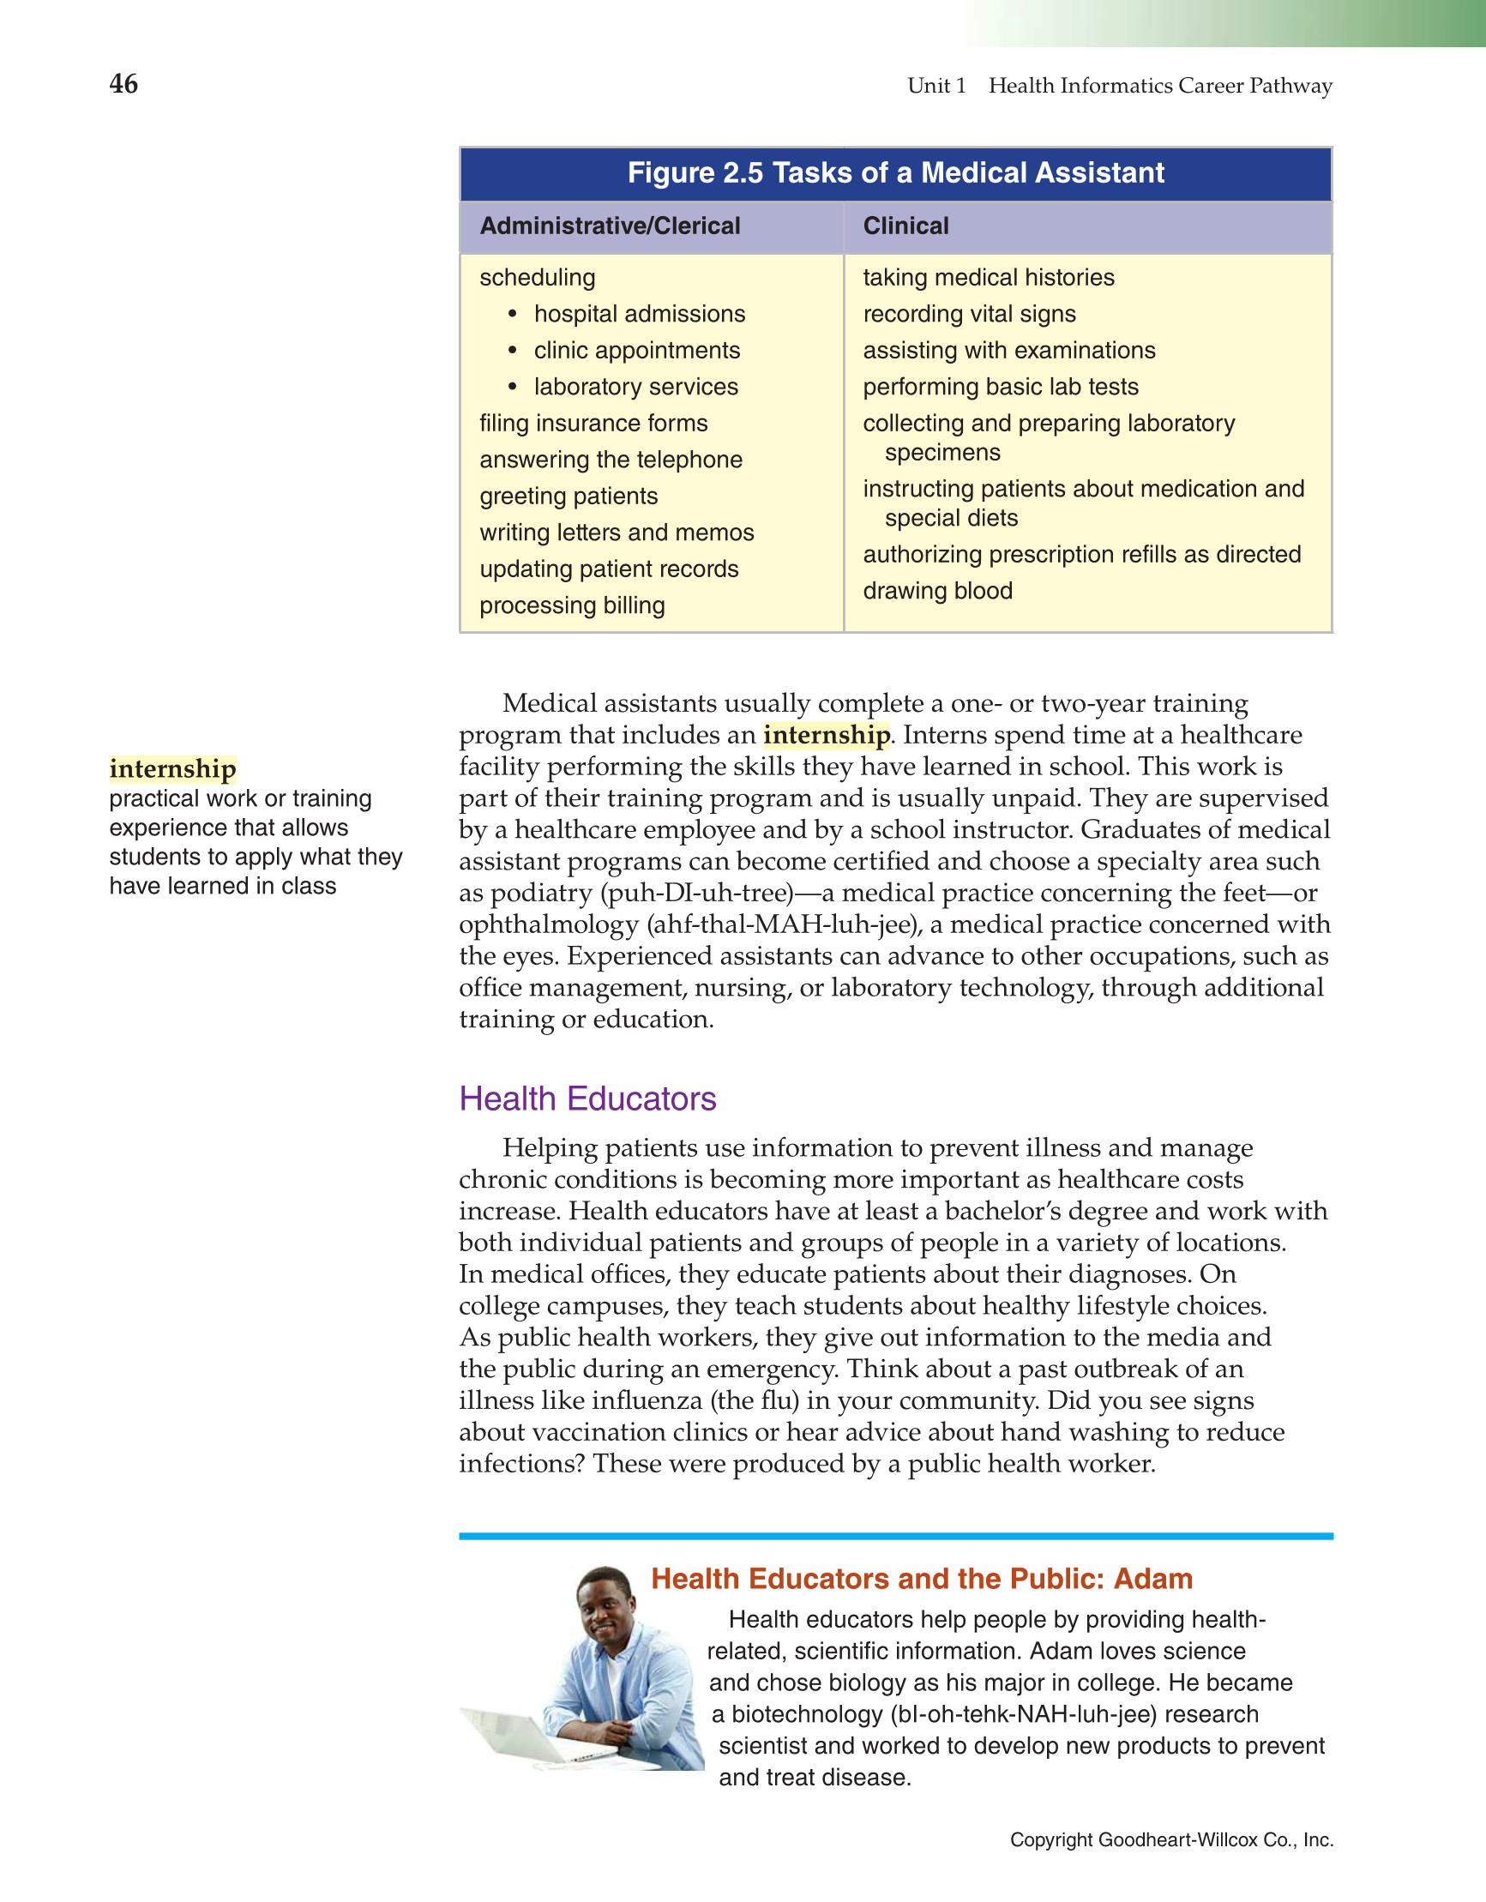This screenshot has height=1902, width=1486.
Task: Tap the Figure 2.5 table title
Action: coord(894,172)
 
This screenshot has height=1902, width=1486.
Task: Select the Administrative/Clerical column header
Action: coord(609,226)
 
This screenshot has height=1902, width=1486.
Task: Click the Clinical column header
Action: coord(905,226)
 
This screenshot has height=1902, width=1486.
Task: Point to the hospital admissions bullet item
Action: coord(639,314)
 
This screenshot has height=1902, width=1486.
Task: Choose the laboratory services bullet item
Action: coord(635,387)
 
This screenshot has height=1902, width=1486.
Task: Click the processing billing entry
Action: coord(571,605)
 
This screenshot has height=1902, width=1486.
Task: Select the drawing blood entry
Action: coord(937,591)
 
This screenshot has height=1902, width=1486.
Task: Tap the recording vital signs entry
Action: coord(969,314)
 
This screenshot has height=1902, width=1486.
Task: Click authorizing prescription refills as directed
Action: coord(1081,554)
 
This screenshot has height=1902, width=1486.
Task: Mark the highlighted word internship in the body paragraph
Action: coord(826,735)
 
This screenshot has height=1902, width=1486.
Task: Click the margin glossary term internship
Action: coord(172,769)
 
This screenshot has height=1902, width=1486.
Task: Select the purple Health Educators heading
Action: coord(587,1099)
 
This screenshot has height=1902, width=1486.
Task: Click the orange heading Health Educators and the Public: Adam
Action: coord(921,1579)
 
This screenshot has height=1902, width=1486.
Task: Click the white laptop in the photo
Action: coord(522,1737)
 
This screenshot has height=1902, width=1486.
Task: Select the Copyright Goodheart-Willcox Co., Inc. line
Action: coord(1170,1839)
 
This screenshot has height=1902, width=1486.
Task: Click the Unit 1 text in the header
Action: coord(936,86)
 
